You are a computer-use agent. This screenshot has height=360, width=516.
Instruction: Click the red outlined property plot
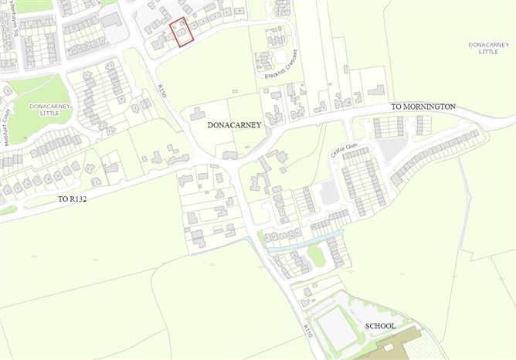pos(180,33)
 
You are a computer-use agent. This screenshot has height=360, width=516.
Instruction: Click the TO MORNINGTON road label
pos(423,105)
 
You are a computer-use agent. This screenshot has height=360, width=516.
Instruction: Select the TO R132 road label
pos(79,199)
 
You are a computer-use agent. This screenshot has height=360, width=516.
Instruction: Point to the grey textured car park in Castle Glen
pos(331,192)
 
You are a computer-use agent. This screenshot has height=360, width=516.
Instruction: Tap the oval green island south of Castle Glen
pos(315,254)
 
